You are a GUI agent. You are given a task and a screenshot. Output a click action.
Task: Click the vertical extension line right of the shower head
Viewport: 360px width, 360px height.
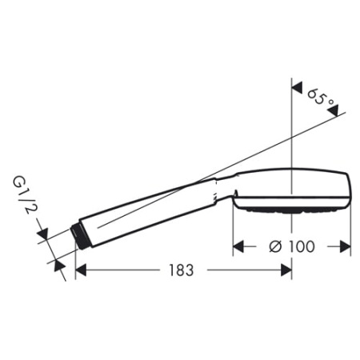(x=352, y=228)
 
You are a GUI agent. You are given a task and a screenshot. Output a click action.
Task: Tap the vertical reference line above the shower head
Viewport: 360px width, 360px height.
(x=292, y=128)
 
